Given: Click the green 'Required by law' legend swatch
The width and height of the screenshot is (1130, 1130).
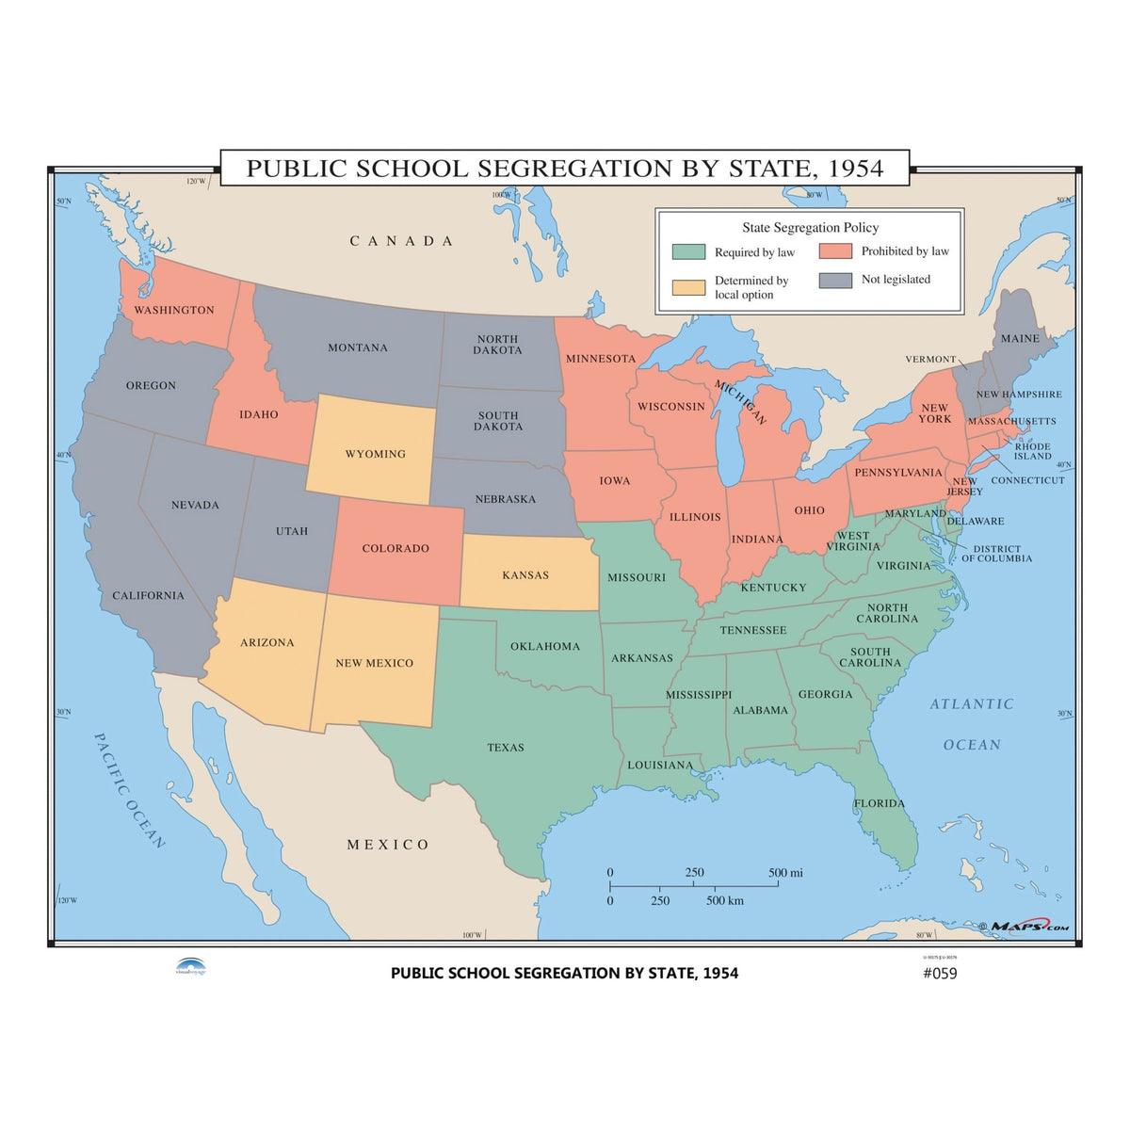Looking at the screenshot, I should point(688,252).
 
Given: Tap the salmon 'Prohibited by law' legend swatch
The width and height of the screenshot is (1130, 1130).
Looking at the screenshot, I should point(835,251).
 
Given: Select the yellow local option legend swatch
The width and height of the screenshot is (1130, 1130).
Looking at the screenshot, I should point(688,287).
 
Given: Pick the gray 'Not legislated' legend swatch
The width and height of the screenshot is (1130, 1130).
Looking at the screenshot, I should point(835,280).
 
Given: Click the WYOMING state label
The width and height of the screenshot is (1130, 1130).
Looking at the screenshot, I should point(375,454).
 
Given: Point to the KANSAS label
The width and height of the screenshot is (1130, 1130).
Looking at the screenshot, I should point(525,575).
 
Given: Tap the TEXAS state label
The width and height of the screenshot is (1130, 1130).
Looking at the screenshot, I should point(506,748).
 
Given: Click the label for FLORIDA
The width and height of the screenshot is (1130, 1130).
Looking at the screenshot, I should point(880,803).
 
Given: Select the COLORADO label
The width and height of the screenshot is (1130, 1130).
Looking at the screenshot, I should point(395,548).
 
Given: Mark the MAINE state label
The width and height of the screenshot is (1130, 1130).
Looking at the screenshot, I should point(1020,338).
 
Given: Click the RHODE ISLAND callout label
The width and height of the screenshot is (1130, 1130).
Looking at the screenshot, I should point(1033,451).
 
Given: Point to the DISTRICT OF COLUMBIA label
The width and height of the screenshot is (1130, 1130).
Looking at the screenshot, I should point(996,554).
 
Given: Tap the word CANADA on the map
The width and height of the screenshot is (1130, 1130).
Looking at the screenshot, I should point(402,241).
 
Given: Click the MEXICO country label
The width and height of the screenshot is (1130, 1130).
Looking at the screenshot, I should point(388,845).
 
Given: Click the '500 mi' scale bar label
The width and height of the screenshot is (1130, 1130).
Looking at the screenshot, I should point(785,873).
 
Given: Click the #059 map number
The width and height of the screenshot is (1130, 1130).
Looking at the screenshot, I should point(939,974).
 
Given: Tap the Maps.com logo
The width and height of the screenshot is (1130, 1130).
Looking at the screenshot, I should point(1028,927).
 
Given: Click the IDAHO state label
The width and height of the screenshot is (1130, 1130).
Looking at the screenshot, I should point(258,414).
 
